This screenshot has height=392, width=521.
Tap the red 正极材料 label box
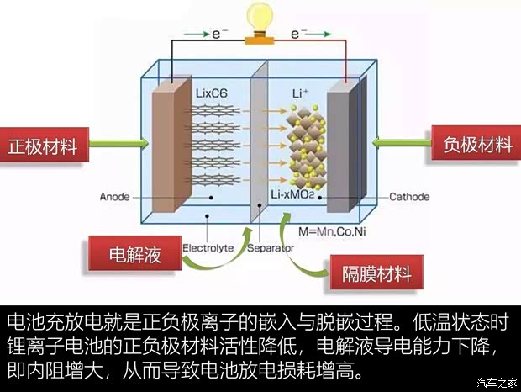coord(43,146)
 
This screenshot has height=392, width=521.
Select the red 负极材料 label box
coord(476,146)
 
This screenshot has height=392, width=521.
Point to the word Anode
coord(116,197)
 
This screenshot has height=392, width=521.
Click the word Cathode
coord(408,197)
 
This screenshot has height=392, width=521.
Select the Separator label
coord(271,248)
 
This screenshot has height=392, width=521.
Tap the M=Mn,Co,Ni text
coord(325,229)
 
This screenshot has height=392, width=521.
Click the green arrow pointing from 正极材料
coord(115,146)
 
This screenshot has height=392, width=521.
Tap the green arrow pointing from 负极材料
coord(402,146)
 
